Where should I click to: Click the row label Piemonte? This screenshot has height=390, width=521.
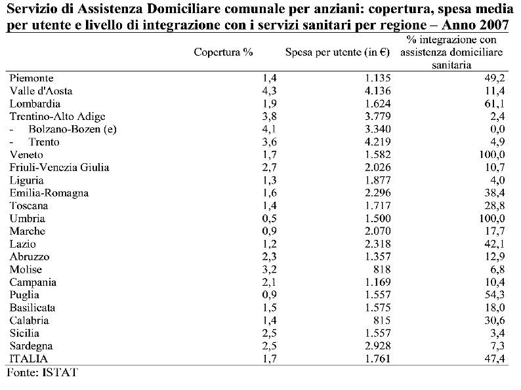31,78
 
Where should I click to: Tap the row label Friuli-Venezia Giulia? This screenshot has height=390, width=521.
59,167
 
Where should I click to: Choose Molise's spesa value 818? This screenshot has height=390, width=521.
383,269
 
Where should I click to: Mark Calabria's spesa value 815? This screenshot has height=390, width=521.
383,321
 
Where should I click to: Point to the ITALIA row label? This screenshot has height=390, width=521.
27,359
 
